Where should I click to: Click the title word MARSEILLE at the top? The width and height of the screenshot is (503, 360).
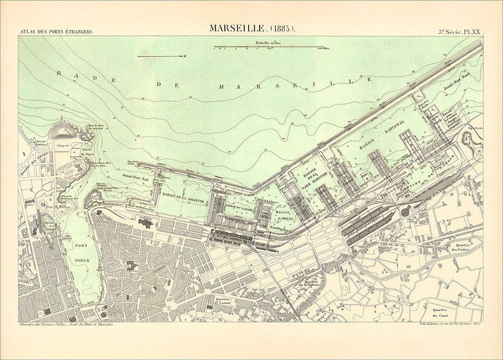[237, 28]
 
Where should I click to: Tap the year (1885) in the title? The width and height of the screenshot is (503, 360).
[282, 28]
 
